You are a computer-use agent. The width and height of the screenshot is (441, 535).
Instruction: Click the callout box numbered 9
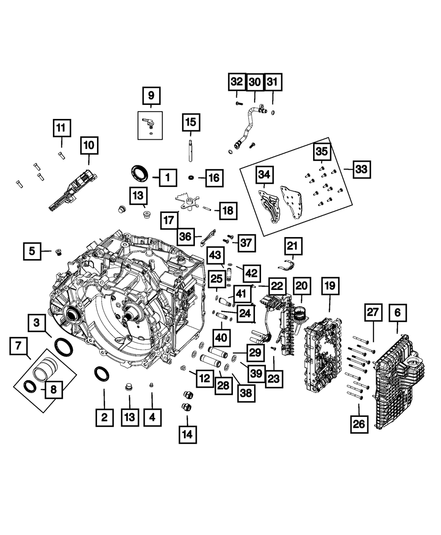[151, 95]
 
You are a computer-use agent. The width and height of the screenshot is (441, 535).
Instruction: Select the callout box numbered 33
[361, 169]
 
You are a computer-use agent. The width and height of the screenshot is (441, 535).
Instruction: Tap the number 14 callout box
[187, 435]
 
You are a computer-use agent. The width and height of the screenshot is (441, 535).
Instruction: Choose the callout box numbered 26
[359, 424]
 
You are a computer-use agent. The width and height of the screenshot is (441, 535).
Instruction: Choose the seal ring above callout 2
[103, 374]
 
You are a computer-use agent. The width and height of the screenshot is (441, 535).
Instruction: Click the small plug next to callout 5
[59, 252]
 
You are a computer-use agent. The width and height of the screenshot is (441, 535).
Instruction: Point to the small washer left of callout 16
[192, 177]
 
